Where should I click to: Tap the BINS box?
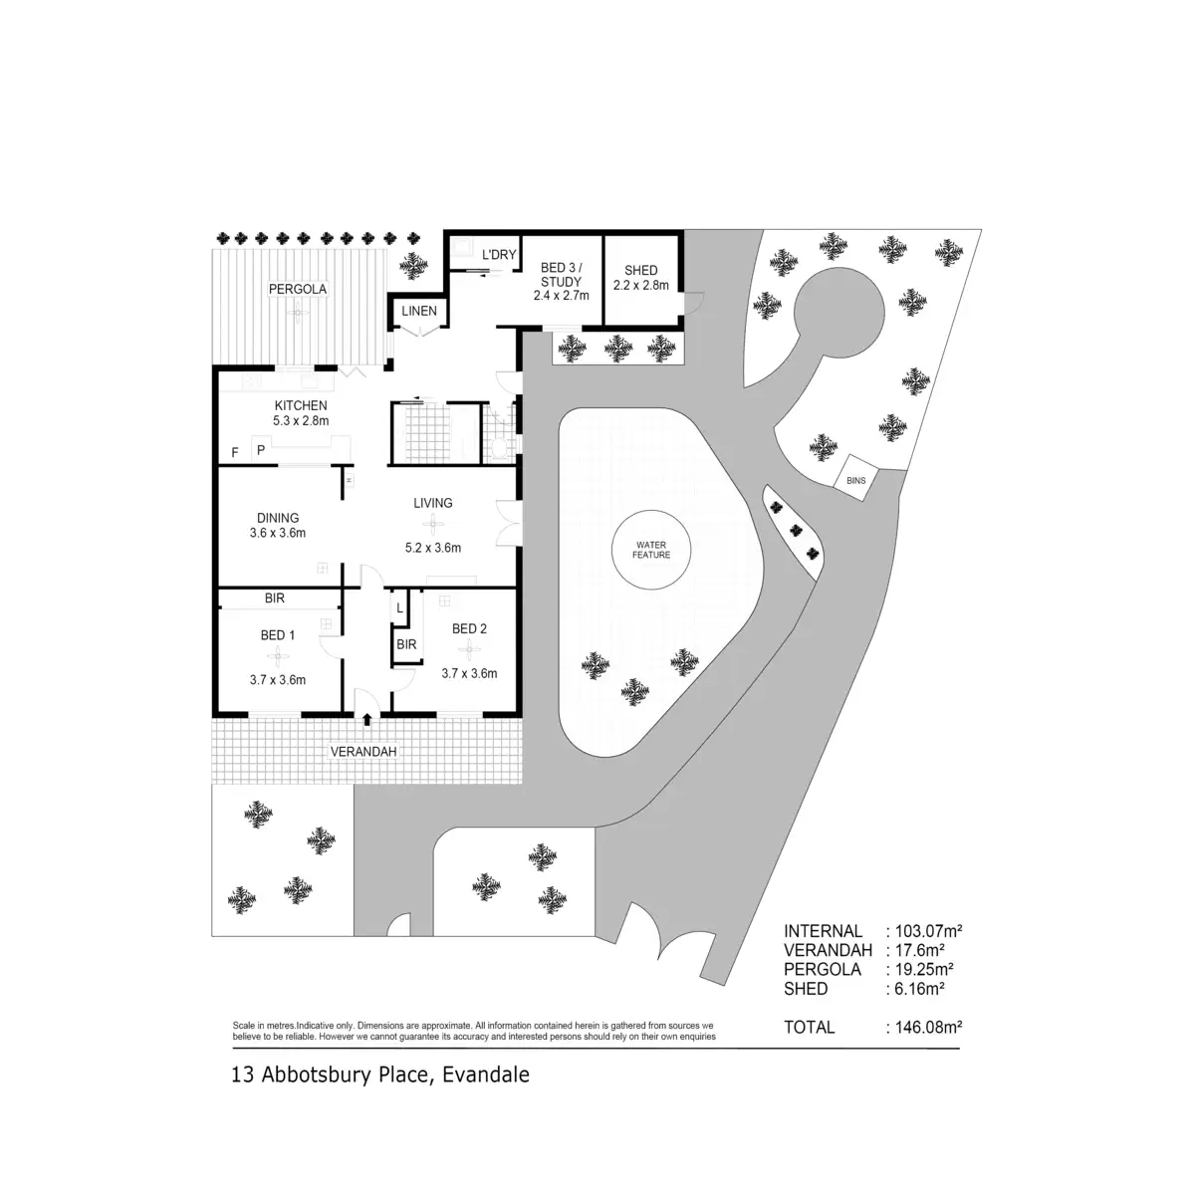click(856, 479)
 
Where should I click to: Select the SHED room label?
click(640, 270)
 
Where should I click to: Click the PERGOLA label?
click(298, 289)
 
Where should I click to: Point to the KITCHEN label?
click(301, 405)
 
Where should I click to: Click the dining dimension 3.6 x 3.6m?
click(278, 533)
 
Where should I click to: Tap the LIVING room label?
click(433, 503)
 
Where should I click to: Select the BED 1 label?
click(278, 635)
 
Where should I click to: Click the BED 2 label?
click(469, 628)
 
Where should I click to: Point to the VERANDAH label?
click(363, 752)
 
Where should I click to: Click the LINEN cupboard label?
click(419, 311)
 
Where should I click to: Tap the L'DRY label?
click(499, 255)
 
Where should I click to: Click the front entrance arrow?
click(367, 719)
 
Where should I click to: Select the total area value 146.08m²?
click(923, 1027)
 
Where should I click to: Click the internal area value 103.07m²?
click(923, 931)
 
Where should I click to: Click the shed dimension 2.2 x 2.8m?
click(640, 286)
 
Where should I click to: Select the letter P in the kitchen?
click(261, 450)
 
